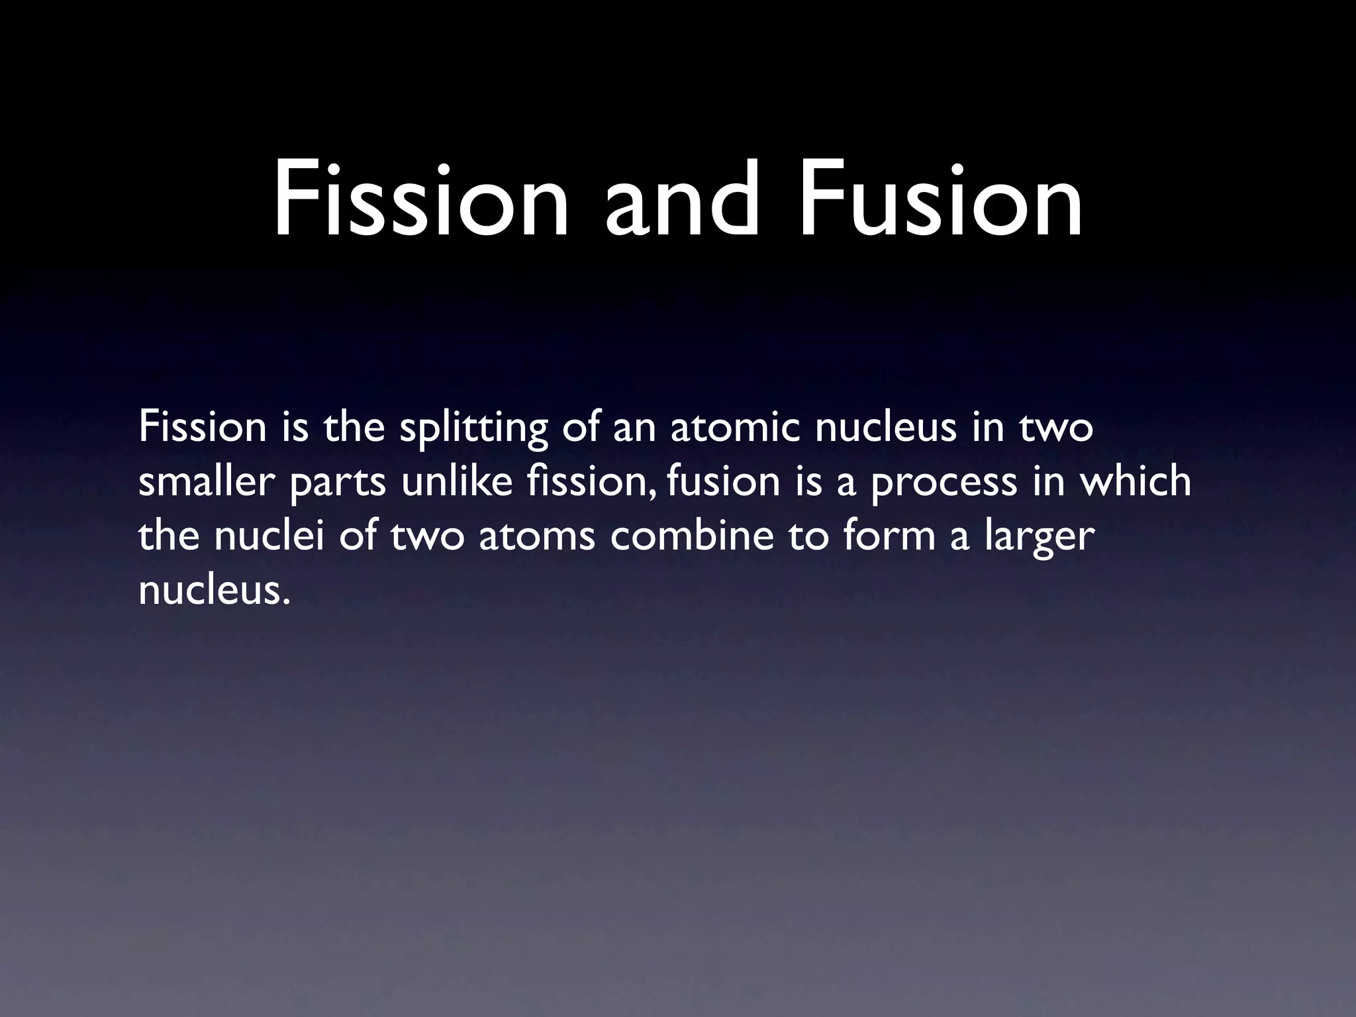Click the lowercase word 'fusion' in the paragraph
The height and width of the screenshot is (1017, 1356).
pos(724,482)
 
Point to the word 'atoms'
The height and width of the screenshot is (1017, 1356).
pos(537,536)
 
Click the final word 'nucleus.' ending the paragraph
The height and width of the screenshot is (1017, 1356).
pos(215,591)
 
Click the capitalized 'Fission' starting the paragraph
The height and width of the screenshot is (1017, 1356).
pos(203,428)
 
